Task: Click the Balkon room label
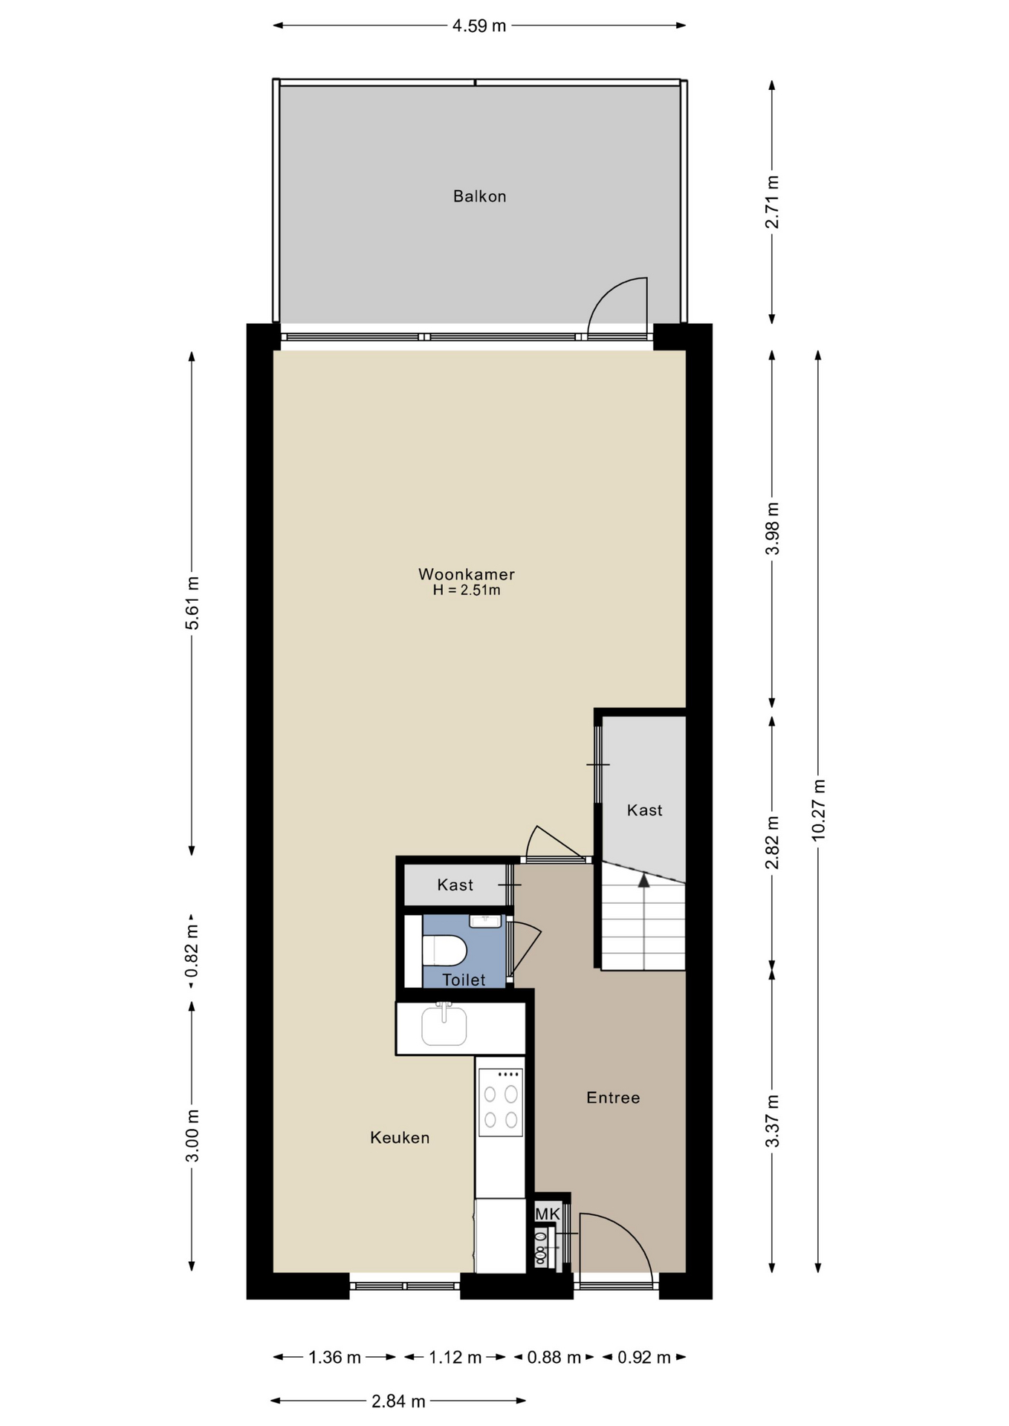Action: click(479, 196)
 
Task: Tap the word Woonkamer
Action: click(467, 574)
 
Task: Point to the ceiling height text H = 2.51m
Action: click(467, 590)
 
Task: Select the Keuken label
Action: click(400, 1138)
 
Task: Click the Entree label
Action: click(613, 1098)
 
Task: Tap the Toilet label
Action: click(464, 980)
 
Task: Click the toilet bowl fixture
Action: click(444, 950)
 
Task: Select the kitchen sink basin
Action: click(444, 1025)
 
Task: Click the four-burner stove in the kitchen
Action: click(501, 1102)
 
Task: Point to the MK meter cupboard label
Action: click(548, 1214)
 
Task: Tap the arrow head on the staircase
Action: click(643, 880)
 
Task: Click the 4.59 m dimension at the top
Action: click(479, 26)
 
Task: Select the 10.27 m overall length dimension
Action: click(818, 810)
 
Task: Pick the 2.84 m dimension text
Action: click(398, 1401)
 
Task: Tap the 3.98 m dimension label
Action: click(773, 528)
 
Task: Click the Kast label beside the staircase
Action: click(644, 810)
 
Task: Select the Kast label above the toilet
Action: click(455, 885)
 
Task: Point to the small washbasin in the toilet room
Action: click(485, 922)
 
